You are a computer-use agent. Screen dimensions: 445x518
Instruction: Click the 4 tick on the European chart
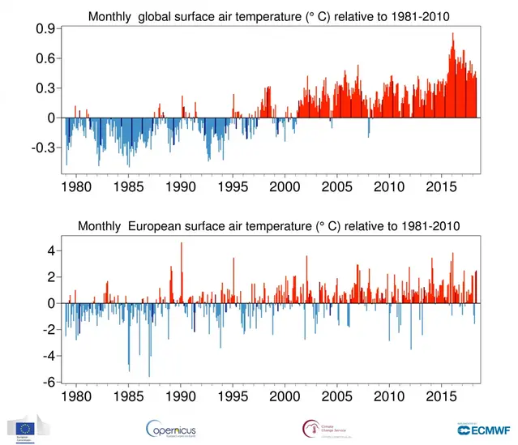coord(51,250)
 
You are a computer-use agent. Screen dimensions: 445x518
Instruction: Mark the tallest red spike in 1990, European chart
coord(182,244)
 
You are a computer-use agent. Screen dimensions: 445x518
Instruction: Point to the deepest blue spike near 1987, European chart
coord(149,375)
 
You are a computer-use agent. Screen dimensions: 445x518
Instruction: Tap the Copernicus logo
coord(171,429)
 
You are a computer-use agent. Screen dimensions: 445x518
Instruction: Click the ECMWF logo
coord(477,429)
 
